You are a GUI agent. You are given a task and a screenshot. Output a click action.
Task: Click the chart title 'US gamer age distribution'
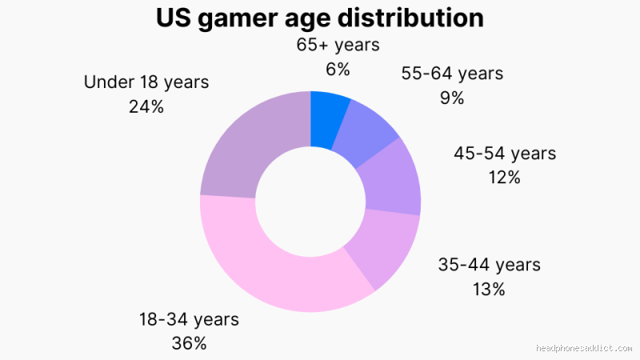(319, 18)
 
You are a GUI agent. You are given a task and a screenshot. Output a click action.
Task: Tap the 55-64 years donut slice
(365, 133)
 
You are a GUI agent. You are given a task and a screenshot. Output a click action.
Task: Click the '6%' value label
(338, 70)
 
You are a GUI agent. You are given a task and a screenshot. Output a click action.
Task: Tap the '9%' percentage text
(452, 98)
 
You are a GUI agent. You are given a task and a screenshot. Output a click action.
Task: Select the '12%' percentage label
(505, 177)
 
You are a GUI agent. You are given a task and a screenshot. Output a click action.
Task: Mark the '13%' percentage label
(489, 289)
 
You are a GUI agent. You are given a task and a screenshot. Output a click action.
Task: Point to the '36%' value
(190, 343)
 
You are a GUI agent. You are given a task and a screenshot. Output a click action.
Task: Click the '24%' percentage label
(146, 106)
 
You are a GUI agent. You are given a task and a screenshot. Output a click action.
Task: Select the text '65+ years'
(338, 46)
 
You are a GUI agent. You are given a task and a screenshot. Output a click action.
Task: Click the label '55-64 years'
(452, 74)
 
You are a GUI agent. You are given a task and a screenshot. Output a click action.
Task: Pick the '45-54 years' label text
(505, 153)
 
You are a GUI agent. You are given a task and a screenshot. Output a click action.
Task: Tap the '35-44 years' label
(489, 265)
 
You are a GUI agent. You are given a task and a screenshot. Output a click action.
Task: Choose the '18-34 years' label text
(190, 319)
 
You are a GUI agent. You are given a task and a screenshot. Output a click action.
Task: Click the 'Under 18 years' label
(146, 82)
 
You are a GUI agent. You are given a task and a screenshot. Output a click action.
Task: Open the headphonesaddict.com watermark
(585, 349)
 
